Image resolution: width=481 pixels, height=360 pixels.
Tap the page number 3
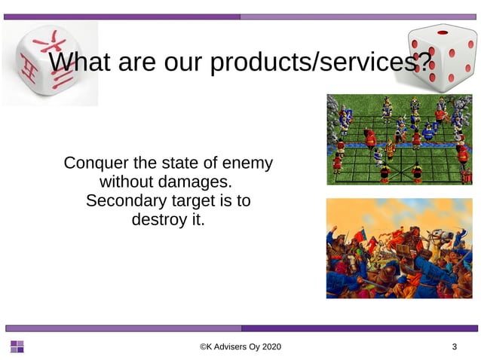pyautogui.click(x=454, y=347)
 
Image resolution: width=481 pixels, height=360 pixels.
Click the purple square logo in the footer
pyautogui.click(x=17, y=346)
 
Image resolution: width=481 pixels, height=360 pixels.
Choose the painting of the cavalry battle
pyautogui.click(x=398, y=248)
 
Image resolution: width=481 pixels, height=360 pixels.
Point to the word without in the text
pyautogui.click(x=127, y=182)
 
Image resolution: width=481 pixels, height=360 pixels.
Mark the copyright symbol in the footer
pyautogui.click(x=203, y=347)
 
